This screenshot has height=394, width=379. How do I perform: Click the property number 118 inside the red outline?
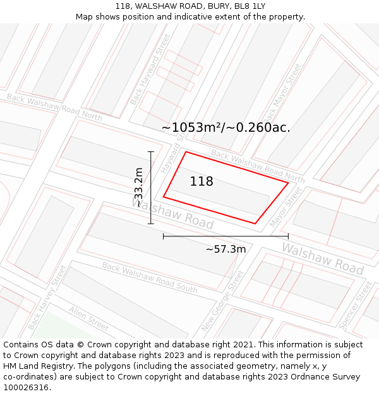pyautogui.click(x=202, y=182)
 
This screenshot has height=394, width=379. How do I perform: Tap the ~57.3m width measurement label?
pyautogui.click(x=226, y=249)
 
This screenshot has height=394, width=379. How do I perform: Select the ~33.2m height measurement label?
pyautogui.click(x=138, y=187)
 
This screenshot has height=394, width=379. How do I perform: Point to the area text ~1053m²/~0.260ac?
pyautogui.click(x=226, y=127)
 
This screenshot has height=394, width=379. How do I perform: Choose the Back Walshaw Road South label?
pyautogui.click(x=150, y=277)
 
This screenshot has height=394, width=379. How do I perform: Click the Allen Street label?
pyautogui.click(x=89, y=318)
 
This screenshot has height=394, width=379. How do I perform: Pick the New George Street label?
pyautogui.click(x=223, y=301)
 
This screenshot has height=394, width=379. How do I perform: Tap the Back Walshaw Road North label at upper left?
pyautogui.click(x=54, y=107)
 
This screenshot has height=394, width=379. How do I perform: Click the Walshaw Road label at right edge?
pyautogui.click(x=322, y=257)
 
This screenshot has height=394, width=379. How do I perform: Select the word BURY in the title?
pyautogui.click(x=206, y=6)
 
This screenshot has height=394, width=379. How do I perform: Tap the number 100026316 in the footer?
pyautogui.click(x=27, y=387)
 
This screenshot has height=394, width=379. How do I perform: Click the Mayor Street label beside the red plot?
pyautogui.click(x=286, y=207)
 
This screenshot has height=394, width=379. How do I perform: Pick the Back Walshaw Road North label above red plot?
pyautogui.click(x=258, y=166)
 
